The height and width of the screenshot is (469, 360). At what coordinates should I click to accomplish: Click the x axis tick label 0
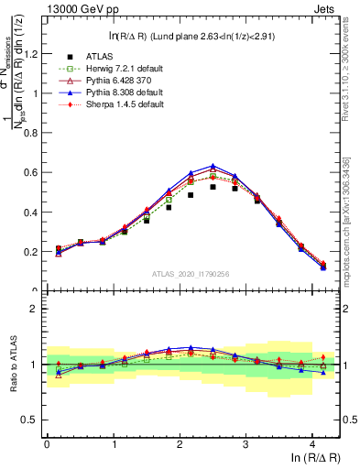click(47, 443)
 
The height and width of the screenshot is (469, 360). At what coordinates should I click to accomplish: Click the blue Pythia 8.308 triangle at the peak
click(213, 166)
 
